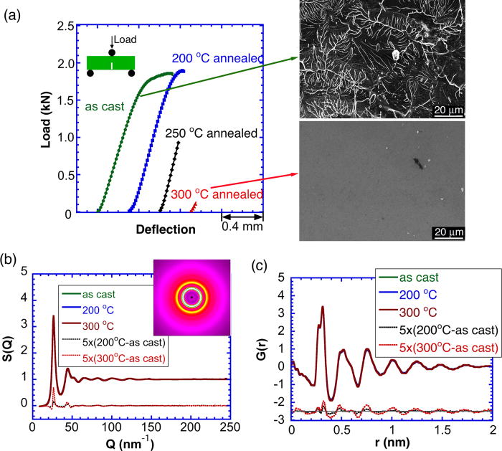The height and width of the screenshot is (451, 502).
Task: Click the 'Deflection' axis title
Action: click(x=165, y=230)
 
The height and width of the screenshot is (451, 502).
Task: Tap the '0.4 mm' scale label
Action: click(x=242, y=229)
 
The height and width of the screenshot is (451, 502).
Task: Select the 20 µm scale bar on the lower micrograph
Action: click(x=448, y=232)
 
